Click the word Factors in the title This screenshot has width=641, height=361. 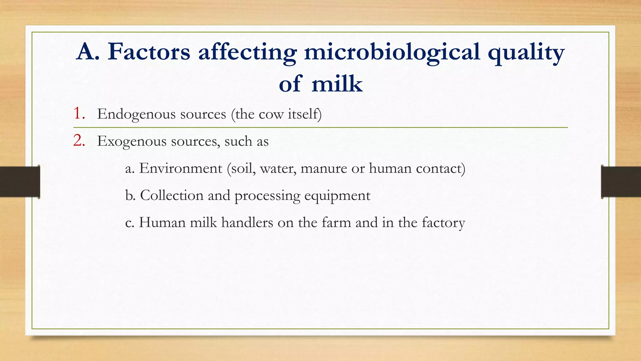pos(149,52)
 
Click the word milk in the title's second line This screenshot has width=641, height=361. pos(337,84)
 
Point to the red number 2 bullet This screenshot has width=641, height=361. pos(79,141)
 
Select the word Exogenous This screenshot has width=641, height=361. pos(131,141)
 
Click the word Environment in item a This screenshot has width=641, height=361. pos(181,168)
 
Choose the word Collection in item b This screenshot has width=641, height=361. pos(172,196)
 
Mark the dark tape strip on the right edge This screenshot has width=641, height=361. pos(621,182)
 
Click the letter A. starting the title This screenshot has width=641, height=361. pos(88,52)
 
